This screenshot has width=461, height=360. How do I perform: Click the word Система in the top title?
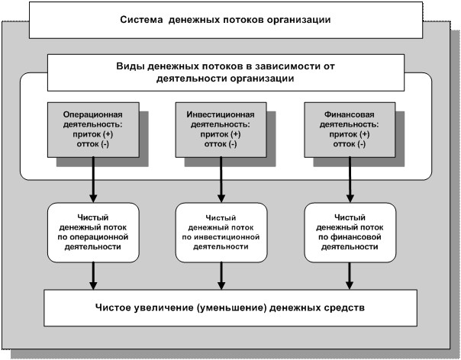click(141, 20)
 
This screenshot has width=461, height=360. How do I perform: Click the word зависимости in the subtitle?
click(284, 66)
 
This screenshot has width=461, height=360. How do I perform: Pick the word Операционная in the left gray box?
click(93, 114)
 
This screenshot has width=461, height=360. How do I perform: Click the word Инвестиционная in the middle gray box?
click(221, 114)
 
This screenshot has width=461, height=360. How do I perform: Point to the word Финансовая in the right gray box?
click(350, 114)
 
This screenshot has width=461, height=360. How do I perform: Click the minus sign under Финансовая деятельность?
click(362, 144)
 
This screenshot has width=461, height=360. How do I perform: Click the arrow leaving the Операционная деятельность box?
click(93, 179)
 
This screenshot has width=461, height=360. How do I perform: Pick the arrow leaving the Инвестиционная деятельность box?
click(221, 179)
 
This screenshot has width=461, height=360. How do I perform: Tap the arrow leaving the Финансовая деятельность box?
click(350, 179)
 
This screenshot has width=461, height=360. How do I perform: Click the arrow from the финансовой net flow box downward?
click(350, 276)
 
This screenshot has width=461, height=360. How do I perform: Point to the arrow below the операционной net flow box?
click(93, 276)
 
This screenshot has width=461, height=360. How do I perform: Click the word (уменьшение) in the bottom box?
click(230, 307)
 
